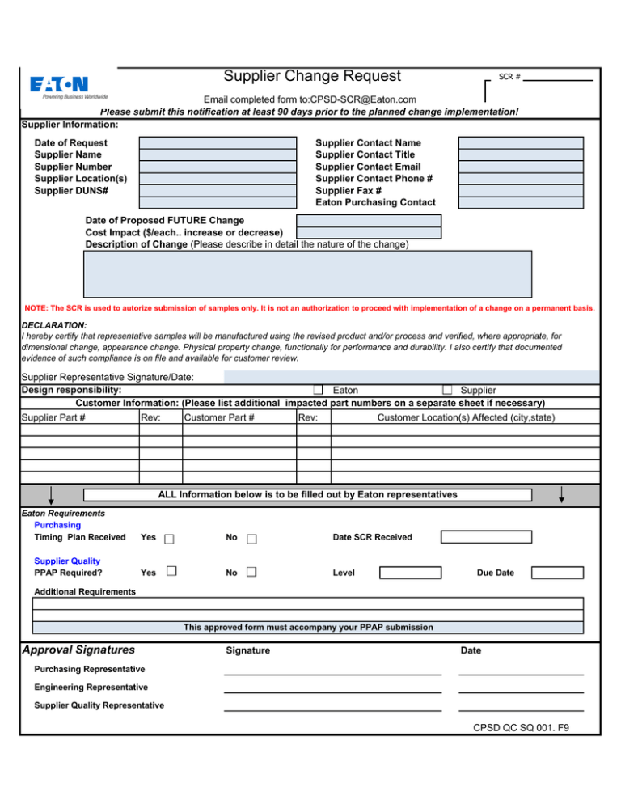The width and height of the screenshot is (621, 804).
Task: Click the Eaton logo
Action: click(59, 83)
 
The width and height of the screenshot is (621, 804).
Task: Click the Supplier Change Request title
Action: click(311, 76)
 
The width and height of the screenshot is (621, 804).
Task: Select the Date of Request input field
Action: click(218, 142)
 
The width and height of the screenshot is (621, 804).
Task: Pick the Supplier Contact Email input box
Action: click(521, 167)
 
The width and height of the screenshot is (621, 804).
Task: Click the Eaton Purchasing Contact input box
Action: click(521, 202)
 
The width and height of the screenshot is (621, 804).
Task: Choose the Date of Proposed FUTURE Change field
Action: click(369, 220)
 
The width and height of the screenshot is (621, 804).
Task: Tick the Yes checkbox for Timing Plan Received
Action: click(168, 539)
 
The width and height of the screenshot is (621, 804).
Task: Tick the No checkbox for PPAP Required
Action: click(252, 573)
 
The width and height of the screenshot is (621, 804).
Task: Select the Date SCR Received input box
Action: click(485, 537)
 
